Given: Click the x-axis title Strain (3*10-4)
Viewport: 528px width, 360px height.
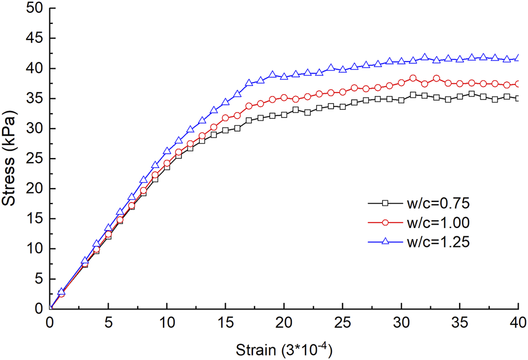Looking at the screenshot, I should [284, 349].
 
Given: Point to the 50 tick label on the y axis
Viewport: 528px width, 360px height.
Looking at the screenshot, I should [34, 9].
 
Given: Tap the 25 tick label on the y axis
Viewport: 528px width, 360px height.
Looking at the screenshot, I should [34, 159].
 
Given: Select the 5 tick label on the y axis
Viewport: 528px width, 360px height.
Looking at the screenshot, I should [38, 278].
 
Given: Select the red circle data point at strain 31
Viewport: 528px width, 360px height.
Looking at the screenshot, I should [413, 78].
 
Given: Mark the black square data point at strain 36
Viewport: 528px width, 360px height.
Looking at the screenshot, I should [471, 94].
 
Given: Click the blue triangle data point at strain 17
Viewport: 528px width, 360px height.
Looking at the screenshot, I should [249, 83].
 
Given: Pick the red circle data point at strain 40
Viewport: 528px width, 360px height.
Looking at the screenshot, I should [518, 84].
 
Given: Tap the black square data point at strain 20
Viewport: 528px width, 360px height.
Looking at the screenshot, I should [284, 115].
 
